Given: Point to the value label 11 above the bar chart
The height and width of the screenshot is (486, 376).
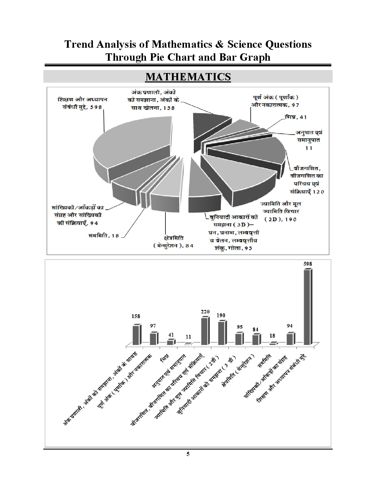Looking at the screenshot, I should point(188,337).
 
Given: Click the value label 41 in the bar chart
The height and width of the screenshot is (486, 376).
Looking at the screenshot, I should point(171,335).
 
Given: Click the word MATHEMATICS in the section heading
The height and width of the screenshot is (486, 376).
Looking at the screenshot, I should point(188,77).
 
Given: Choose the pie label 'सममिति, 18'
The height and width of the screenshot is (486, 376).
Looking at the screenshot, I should point(104,236).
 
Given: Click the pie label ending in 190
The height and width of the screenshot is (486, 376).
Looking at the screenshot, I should point(280,211).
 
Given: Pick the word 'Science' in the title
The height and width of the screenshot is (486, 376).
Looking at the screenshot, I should point(245,44).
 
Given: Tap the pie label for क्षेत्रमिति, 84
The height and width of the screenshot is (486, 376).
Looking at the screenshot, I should point(173,242).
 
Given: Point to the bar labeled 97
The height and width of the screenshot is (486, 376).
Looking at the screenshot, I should point(153,339).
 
